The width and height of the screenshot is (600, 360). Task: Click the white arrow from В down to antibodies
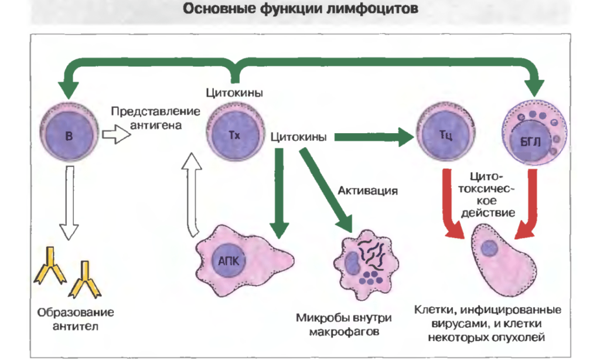point(69,202)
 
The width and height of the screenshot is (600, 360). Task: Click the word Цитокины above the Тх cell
point(234,93)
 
